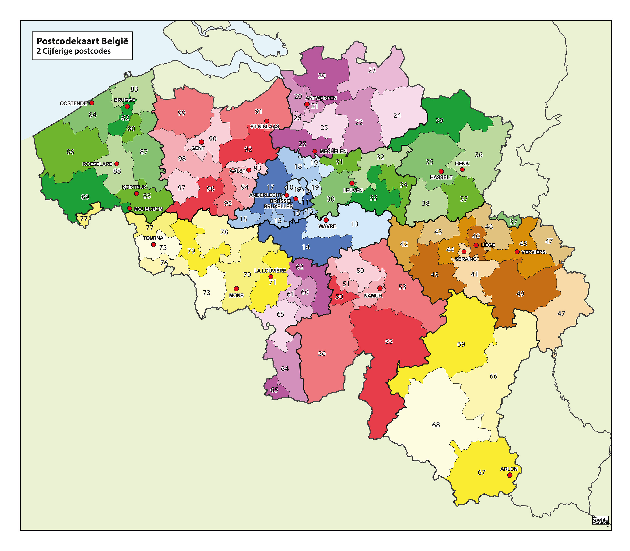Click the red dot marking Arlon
point(509,475)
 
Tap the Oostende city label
point(73,103)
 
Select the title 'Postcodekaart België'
point(82,41)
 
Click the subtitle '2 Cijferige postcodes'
point(73,51)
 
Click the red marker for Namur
point(380,288)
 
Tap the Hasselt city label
point(441,177)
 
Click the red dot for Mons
point(236,288)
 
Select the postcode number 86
point(70,152)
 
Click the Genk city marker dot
point(462,169)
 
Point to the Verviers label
point(533,252)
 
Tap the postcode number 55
point(389,342)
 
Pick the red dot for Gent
point(201,142)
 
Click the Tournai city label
point(154,238)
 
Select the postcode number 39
point(439,120)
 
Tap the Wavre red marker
point(326,220)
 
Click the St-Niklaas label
point(265,127)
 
